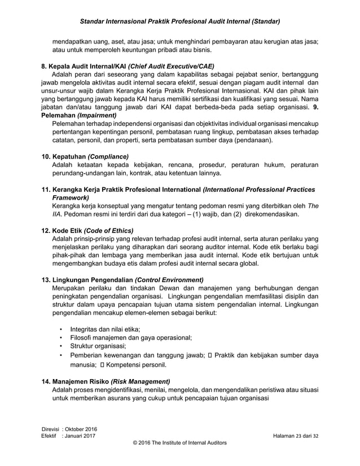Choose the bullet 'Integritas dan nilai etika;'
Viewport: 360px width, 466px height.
click(x=105, y=329)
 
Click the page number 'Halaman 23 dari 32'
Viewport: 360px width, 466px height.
click(x=295, y=437)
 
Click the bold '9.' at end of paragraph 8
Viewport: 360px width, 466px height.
click(x=315, y=107)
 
